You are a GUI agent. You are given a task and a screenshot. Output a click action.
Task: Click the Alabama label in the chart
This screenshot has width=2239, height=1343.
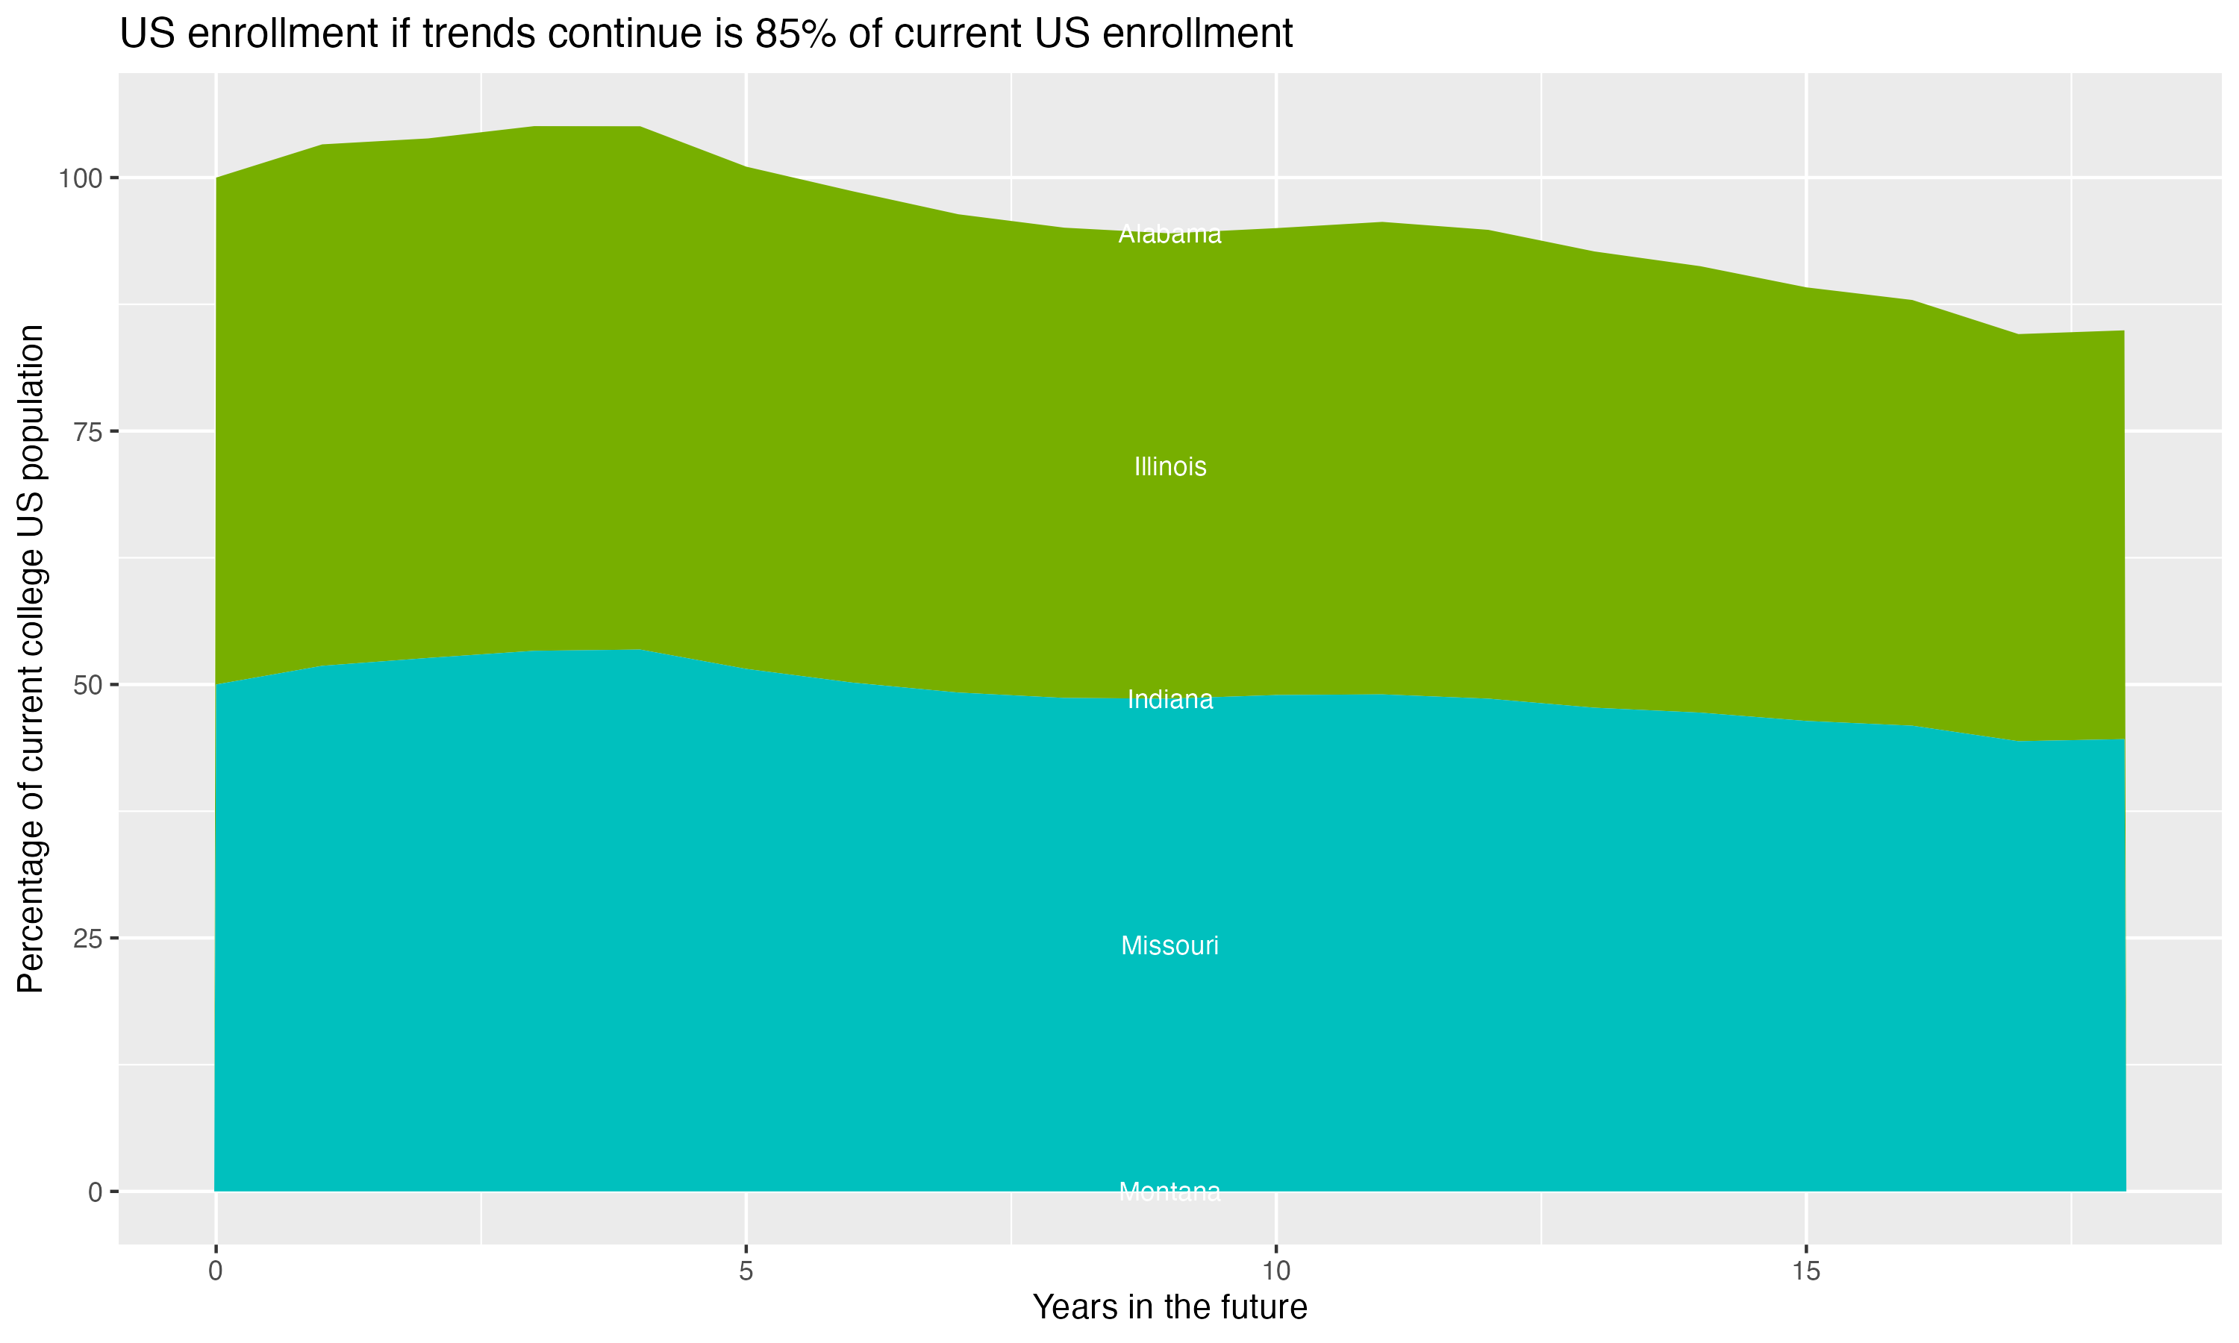pos(1170,234)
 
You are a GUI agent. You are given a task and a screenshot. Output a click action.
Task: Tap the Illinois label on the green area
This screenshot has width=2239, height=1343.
pos(1170,467)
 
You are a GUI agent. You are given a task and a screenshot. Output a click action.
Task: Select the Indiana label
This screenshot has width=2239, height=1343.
pos(1170,700)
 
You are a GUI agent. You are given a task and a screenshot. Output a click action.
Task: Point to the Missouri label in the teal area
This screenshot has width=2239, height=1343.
pos(1170,946)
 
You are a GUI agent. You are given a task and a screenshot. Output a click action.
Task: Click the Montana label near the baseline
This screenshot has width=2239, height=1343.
pos(1170,1192)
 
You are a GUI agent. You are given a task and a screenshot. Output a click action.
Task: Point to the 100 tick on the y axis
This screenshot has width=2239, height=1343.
pos(78,178)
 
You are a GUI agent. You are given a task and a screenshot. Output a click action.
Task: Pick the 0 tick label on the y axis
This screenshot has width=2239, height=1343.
pos(94,1192)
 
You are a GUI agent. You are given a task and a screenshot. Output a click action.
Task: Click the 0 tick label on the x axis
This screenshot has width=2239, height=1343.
pos(216,1271)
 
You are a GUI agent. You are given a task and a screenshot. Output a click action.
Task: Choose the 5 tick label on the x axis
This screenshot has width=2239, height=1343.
pos(746,1271)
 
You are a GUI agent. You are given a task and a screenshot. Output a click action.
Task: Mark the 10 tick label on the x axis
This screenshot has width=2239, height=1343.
pos(1275,1271)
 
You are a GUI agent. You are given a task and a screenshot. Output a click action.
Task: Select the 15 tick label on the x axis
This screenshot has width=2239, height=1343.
pos(1805,1271)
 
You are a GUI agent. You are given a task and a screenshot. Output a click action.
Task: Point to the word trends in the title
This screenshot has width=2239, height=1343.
pos(476,34)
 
